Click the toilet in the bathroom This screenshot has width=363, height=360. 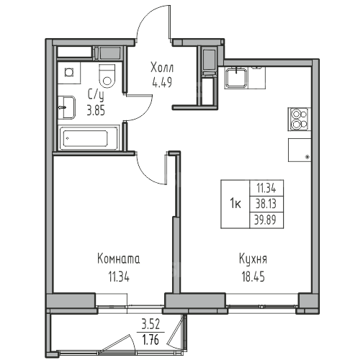[107, 76]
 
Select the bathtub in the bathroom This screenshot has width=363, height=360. [89, 138]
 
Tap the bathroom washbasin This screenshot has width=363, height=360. [66, 107]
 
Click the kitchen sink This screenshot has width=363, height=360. [236, 77]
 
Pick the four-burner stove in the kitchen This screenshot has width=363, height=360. [299, 120]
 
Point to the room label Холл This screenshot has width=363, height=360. [162, 68]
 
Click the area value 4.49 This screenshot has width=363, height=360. [162, 83]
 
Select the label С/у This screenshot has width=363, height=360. [96, 96]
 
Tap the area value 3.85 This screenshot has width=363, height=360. [96, 111]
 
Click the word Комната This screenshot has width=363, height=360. [119, 259]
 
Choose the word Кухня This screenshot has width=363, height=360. [253, 259]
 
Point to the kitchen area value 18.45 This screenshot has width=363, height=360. [253, 277]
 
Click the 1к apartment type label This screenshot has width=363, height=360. [236, 204]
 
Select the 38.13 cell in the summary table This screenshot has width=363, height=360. [266, 204]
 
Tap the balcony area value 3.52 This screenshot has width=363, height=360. [151, 325]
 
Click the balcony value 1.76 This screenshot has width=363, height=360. [151, 340]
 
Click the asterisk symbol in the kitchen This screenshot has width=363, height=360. [307, 157]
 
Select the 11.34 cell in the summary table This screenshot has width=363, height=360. [266, 189]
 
